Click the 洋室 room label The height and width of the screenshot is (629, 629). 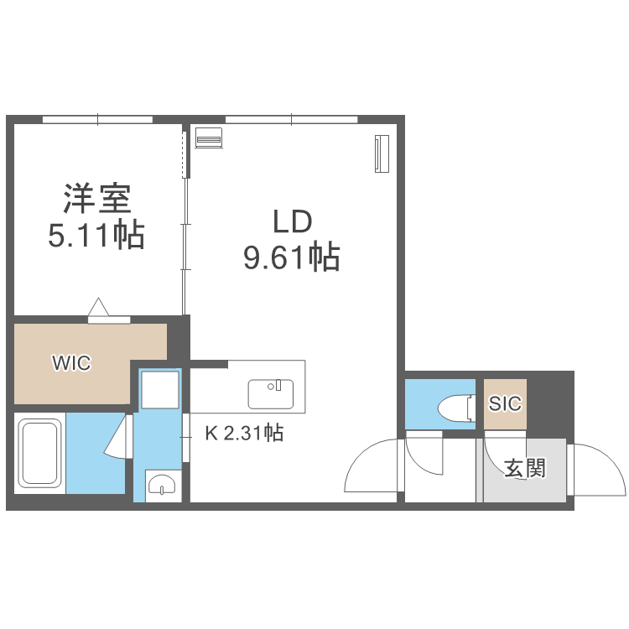tap(97, 200)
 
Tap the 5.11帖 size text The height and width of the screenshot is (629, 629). tap(96, 236)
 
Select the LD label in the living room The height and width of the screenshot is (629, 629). tap(291, 222)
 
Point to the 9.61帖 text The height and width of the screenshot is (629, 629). tap(291, 257)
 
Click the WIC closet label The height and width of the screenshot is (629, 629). tap(70, 363)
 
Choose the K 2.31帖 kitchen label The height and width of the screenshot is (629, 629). tap(244, 434)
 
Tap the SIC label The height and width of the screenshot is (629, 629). tap(505, 403)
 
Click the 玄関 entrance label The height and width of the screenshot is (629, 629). tap(525, 467)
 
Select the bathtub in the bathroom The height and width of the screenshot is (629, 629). tap(39, 452)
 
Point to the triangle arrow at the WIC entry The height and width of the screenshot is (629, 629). tap(99, 307)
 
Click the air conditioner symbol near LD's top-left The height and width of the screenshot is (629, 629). tap(209, 137)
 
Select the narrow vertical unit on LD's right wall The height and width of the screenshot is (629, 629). tap(382, 153)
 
